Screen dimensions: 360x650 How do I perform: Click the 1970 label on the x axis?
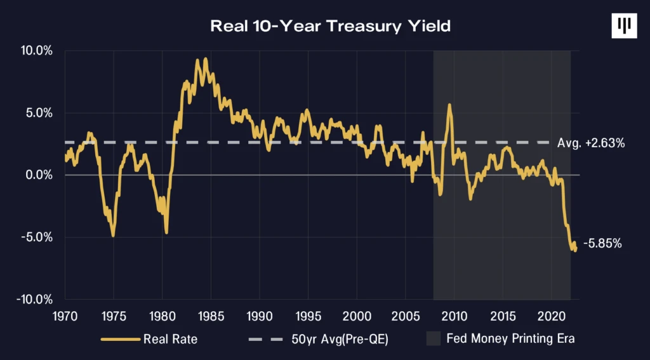[x=65, y=316]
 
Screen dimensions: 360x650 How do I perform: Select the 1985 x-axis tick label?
[x=211, y=316]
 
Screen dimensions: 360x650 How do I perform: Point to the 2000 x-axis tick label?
[x=357, y=316]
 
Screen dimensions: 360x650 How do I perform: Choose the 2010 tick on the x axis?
[x=454, y=316]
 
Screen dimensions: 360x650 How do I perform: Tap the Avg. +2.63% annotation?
[x=590, y=143]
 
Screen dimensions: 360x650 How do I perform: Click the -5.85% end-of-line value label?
[x=604, y=243]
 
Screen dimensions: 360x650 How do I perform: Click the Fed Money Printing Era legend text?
[x=511, y=338]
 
